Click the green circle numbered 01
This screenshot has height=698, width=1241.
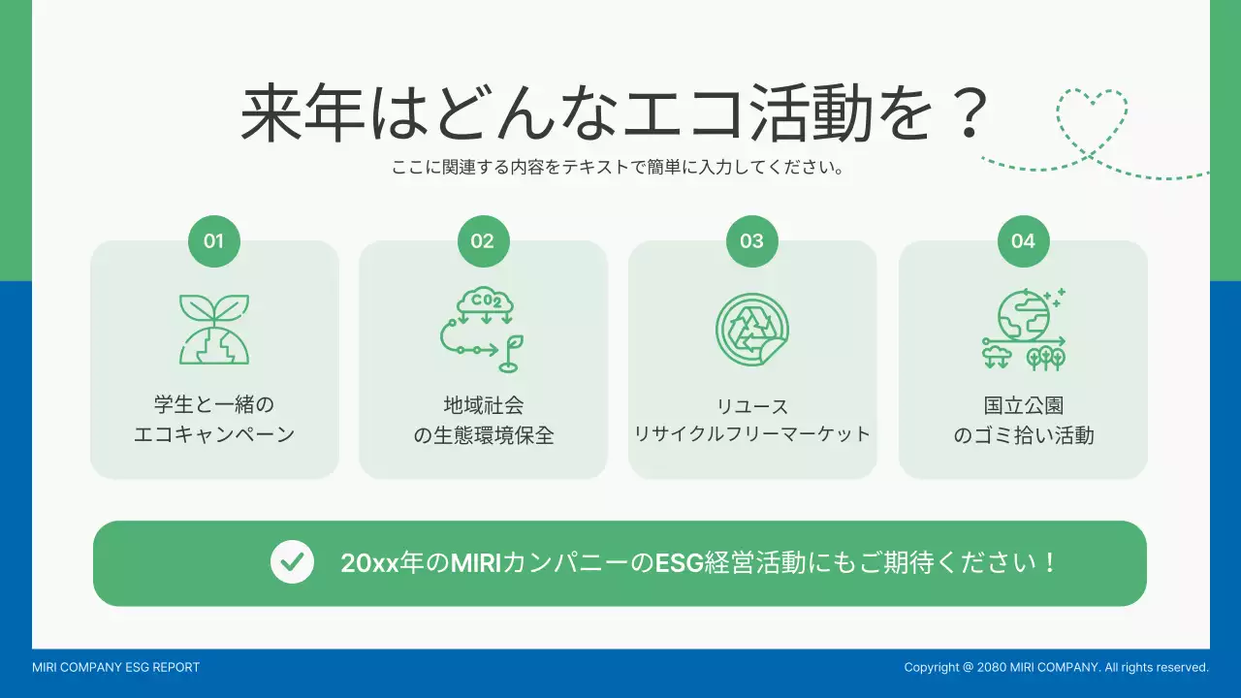(214, 241)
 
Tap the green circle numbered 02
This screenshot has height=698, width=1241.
(483, 241)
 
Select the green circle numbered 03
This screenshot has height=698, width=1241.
(752, 241)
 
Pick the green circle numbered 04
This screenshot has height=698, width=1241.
(1023, 241)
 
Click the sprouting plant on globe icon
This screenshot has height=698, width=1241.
(214, 330)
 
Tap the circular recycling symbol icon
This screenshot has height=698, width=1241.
(752, 330)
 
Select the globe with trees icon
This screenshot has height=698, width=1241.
(1023, 330)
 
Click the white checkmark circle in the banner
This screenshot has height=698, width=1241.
(292, 562)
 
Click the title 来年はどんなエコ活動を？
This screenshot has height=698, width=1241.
(615, 114)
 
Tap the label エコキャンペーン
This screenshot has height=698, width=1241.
(214, 434)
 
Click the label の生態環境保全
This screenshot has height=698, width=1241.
(483, 435)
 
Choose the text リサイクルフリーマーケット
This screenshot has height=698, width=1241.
(752, 434)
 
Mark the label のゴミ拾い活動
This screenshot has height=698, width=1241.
(1023, 435)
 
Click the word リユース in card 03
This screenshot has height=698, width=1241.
(752, 406)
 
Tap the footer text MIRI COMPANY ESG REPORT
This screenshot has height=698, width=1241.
(115, 667)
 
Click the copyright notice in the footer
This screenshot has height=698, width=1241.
(1056, 667)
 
